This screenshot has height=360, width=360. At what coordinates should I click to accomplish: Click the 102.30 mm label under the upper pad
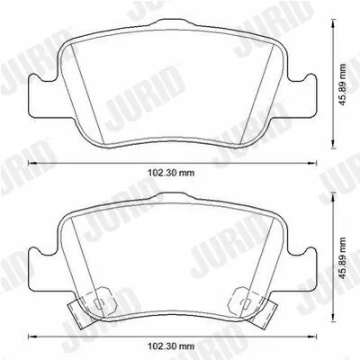pyautogui.click(x=171, y=173)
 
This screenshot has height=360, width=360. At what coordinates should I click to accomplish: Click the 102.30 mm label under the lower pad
pyautogui.click(x=171, y=346)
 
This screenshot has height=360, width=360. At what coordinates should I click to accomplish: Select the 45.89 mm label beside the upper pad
pyautogui.click(x=342, y=85)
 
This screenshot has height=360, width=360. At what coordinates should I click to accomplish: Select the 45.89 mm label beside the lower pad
pyautogui.click(x=342, y=257)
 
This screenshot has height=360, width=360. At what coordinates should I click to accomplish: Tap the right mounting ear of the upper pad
pyautogui.click(x=301, y=96)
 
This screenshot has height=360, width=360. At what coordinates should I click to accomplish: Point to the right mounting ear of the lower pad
pyautogui.click(x=301, y=270)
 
